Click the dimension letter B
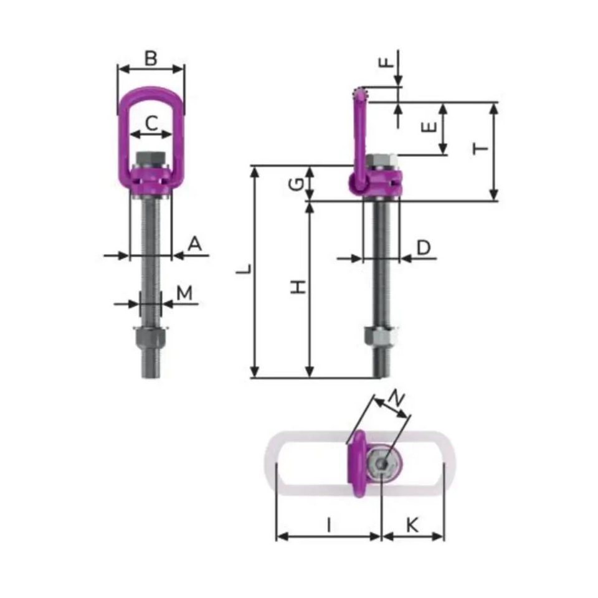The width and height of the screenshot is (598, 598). pos(151,59)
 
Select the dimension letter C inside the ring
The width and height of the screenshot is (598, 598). pos(151,123)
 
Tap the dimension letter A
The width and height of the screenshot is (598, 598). pos(195,244)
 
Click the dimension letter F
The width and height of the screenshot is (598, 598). pos(386,62)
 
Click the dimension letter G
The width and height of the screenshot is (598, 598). pos(298,183)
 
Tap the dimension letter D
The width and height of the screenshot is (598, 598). pos(424,247)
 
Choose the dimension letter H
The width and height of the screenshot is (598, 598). pos(300,287)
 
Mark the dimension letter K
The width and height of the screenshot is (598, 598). pos(412,525)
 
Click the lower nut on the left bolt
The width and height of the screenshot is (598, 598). pos(150,339)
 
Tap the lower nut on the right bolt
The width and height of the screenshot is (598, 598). pos(381,337)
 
